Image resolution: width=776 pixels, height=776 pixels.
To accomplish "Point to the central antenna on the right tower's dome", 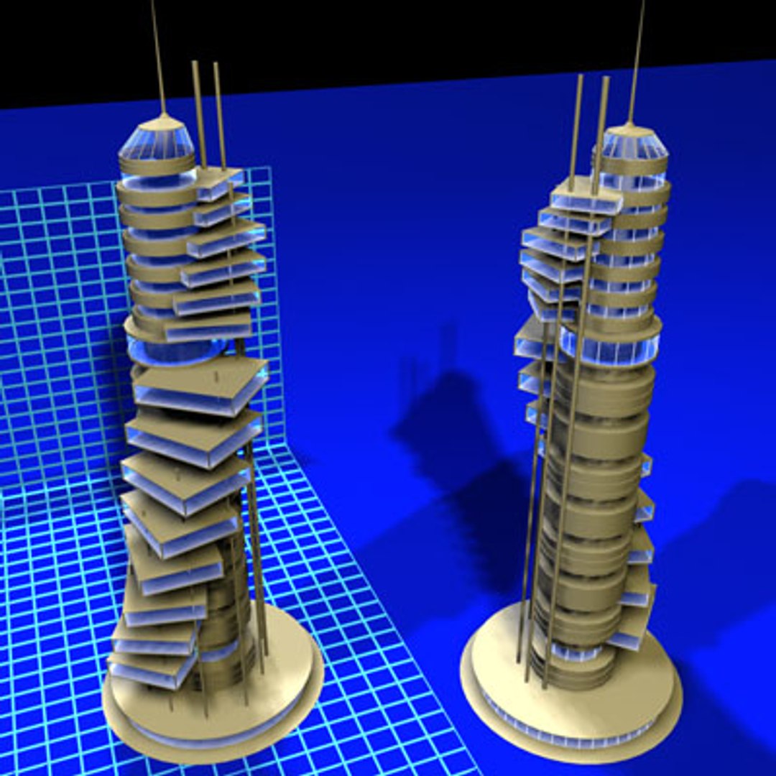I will (637, 57).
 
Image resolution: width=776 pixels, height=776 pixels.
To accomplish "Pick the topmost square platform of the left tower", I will (219, 180).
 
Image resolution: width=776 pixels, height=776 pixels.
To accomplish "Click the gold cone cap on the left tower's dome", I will (165, 122).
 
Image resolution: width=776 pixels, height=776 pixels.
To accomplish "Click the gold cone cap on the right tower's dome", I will (629, 129).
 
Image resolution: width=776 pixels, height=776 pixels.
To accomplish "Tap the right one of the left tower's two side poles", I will (220, 115).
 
